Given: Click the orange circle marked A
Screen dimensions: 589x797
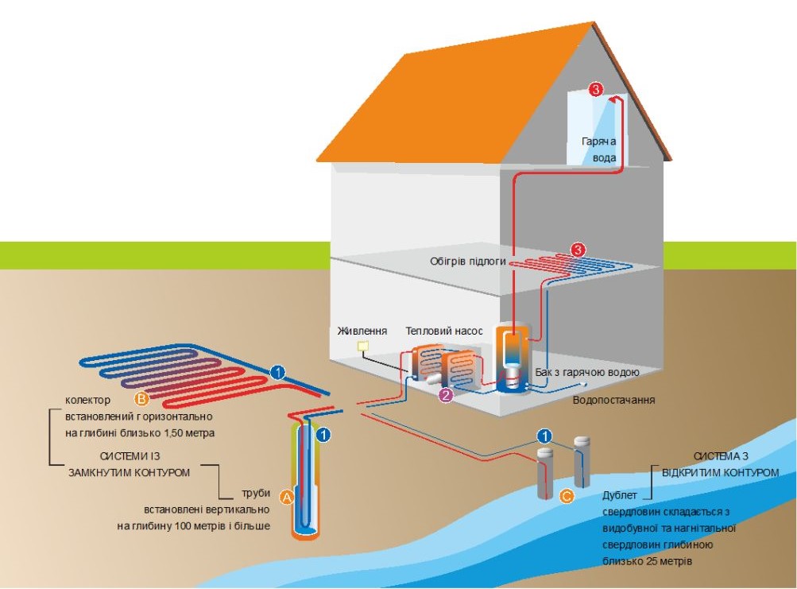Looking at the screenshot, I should click(x=288, y=497).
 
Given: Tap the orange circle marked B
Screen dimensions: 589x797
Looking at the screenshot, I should click(x=142, y=397).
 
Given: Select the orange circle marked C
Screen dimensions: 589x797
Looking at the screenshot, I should click(x=566, y=496).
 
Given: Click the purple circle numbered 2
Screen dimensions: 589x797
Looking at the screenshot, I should click(x=446, y=395).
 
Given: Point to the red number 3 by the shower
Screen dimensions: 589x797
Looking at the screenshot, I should click(x=596, y=89).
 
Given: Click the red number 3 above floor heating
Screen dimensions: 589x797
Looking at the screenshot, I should click(x=578, y=250).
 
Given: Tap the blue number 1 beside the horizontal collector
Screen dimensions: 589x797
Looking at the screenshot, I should click(x=277, y=370).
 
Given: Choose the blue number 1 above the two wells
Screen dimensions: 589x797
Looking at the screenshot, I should click(x=544, y=435).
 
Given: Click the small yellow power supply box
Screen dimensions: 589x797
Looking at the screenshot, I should click(x=363, y=347).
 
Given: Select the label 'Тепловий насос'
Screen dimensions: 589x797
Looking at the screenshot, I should click(x=443, y=331).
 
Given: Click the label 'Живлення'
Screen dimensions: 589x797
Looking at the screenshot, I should click(x=362, y=331).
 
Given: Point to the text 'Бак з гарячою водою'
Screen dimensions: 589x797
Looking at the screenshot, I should click(x=587, y=372).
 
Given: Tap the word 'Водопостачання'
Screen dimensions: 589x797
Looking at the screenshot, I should click(x=613, y=400).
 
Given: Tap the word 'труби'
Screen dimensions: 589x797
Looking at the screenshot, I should click(x=255, y=491).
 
